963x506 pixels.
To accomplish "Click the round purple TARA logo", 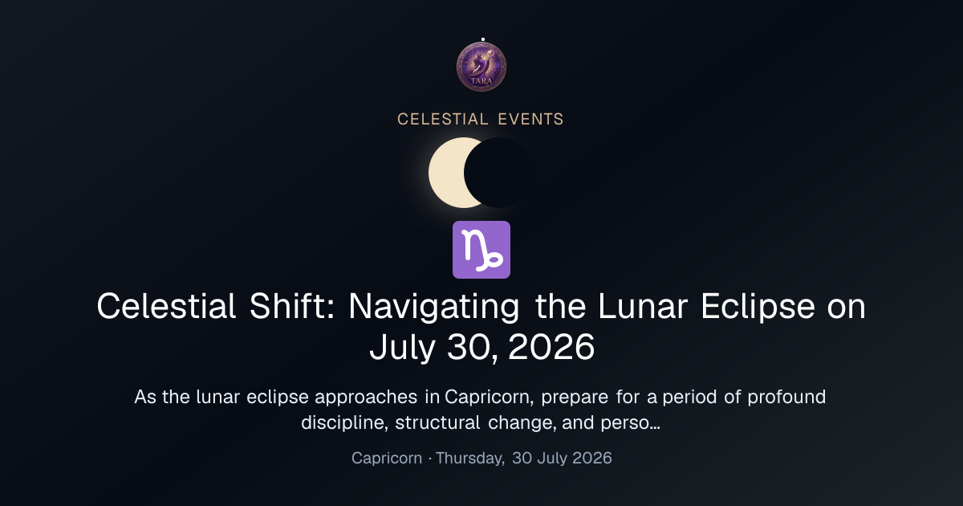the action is coord(481,66).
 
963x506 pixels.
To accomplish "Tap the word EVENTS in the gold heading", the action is coord(530,119).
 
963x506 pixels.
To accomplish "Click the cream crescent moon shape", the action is coord(447,173).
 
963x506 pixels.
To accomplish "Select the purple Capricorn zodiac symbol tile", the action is coord(481,250).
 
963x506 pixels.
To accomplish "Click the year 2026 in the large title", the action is coord(551,346).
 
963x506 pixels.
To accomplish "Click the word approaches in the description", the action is coord(366,398).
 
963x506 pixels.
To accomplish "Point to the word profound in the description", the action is coord(786,398).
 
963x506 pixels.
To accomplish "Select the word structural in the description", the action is coord(437,422).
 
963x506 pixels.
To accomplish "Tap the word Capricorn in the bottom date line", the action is coord(387,459).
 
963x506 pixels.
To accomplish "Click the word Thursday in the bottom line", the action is coord(470,459).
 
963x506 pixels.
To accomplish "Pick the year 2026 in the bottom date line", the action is coord(592,459).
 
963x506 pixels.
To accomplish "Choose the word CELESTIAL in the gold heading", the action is coord(442,119).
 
